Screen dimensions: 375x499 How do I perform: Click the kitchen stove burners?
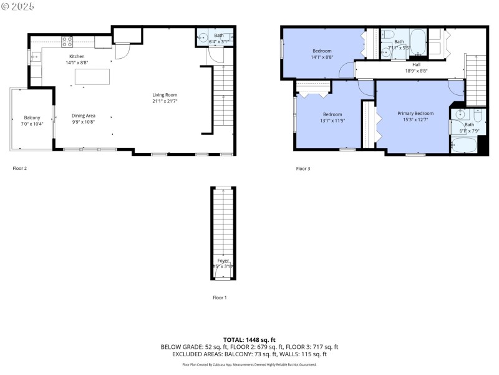click(67, 42)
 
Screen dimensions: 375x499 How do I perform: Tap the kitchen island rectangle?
click(92, 76)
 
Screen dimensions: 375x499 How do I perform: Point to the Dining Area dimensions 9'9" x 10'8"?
click(83, 122)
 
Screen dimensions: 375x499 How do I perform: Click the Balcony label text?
click(32, 117)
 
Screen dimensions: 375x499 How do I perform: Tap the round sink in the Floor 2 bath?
click(203, 37)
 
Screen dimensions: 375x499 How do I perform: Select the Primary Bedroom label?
click(415, 113)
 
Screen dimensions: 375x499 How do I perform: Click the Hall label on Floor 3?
click(416, 64)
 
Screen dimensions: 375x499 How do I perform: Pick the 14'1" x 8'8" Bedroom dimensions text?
click(322, 57)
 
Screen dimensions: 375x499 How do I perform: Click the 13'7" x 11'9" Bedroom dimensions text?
click(332, 121)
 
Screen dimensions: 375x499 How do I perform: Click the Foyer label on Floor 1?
click(223, 260)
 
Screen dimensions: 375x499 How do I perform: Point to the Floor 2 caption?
click(20, 168)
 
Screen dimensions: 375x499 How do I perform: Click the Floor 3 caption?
click(303, 168)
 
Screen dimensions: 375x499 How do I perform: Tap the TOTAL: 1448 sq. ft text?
click(249, 339)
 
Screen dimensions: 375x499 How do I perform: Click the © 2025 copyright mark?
click(18, 6)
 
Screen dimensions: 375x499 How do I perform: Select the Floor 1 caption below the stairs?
click(219, 297)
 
